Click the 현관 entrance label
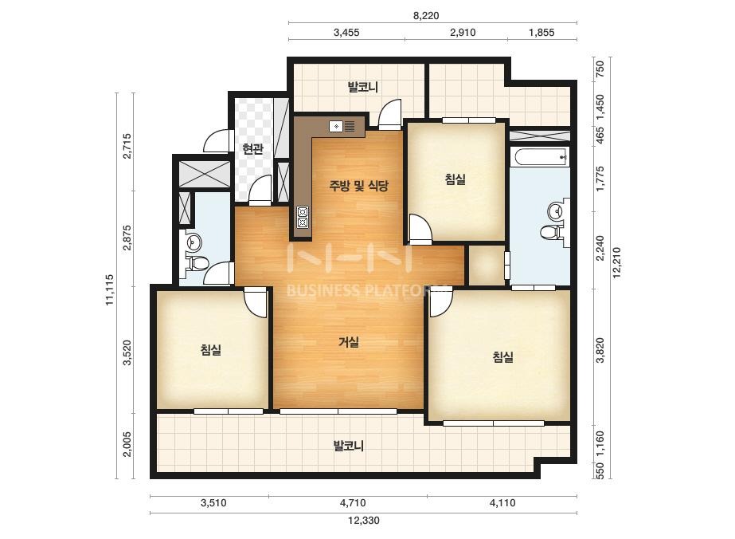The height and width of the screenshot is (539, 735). click(252, 149)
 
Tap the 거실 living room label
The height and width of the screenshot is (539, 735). click(349, 342)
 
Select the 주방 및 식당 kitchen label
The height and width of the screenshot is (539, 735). click(358, 186)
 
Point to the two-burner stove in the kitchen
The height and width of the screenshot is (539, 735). click(303, 217)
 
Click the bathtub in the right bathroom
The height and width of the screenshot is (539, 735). click(539, 157)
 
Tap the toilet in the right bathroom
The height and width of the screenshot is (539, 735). click(549, 231)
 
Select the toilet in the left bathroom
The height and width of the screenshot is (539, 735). click(197, 263)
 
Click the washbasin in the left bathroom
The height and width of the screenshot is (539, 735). click(194, 242)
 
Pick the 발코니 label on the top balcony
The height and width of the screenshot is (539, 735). click(363, 87)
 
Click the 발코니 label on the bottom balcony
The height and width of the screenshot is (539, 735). click(348, 445)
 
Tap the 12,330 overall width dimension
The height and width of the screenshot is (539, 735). click(364, 520)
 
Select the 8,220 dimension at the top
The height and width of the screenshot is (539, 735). click(426, 15)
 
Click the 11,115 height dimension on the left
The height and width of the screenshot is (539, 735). click(110, 289)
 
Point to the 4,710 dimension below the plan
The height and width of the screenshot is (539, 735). click(353, 503)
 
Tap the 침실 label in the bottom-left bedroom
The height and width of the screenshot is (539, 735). click(210, 349)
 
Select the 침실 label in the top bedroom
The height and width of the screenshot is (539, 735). click(455, 179)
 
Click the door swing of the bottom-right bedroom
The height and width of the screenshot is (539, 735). click(441, 302)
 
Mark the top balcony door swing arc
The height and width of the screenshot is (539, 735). click(390, 114)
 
